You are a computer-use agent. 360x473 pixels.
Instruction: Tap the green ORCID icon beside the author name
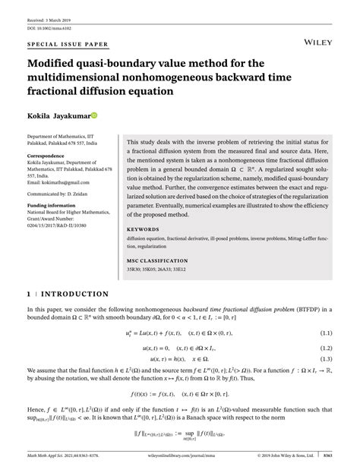95,115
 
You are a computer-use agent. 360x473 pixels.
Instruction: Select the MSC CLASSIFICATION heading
158,260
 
